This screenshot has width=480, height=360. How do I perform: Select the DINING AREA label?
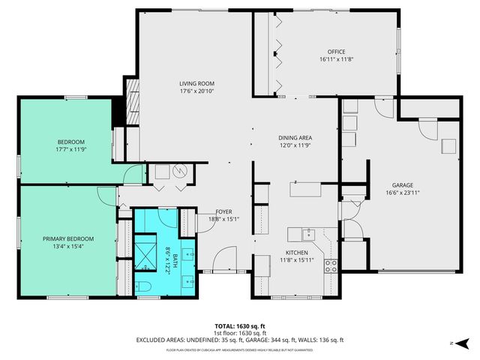pos(295,138)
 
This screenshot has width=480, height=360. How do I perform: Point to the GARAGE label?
pos(402,184)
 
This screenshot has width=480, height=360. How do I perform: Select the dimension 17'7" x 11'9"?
pos(71,149)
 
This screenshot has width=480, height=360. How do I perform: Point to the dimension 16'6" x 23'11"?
pos(402,192)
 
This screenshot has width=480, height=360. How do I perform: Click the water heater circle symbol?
pos(179,172)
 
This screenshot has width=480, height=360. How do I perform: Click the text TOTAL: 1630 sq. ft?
pos(240,325)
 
